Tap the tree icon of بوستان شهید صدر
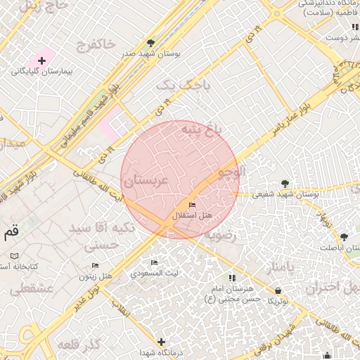pos(150,43)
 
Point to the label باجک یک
pos(175,85)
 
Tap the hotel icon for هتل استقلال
pos(193,204)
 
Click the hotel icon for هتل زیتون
pos(96,265)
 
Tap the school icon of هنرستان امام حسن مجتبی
pos(232,278)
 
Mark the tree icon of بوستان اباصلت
pos(344,237)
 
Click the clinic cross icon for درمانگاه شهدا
pos(162,342)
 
